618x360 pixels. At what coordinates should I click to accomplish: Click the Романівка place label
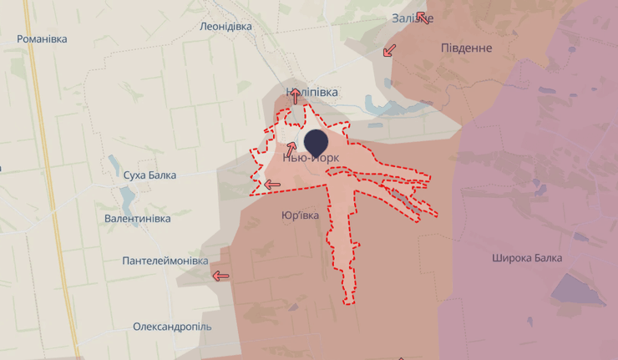coord(42,38)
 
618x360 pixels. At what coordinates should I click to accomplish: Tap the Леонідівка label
coord(225,26)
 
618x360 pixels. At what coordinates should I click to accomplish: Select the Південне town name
coord(466,48)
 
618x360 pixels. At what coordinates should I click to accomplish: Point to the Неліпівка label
coord(312,92)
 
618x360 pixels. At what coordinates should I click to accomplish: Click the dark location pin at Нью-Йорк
coord(316,143)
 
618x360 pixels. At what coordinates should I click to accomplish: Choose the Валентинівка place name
coord(138,218)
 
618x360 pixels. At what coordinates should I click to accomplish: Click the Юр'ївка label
coord(300,215)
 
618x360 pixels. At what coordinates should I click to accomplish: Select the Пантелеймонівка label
coord(165,261)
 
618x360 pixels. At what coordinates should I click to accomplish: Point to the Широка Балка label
coord(527,258)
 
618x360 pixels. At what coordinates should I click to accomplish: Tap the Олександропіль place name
coord(172,327)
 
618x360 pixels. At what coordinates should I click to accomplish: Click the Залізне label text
coord(411,18)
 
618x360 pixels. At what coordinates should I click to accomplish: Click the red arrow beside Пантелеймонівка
coord(220,276)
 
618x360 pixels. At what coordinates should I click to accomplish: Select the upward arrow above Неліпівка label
coord(295,96)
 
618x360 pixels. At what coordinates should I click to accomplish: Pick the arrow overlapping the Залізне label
coord(423,18)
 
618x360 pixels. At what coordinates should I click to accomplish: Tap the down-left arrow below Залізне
coord(389,50)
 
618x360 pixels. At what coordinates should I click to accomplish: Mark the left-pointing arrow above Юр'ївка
coord(272,185)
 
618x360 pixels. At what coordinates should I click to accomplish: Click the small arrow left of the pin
coord(291,149)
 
